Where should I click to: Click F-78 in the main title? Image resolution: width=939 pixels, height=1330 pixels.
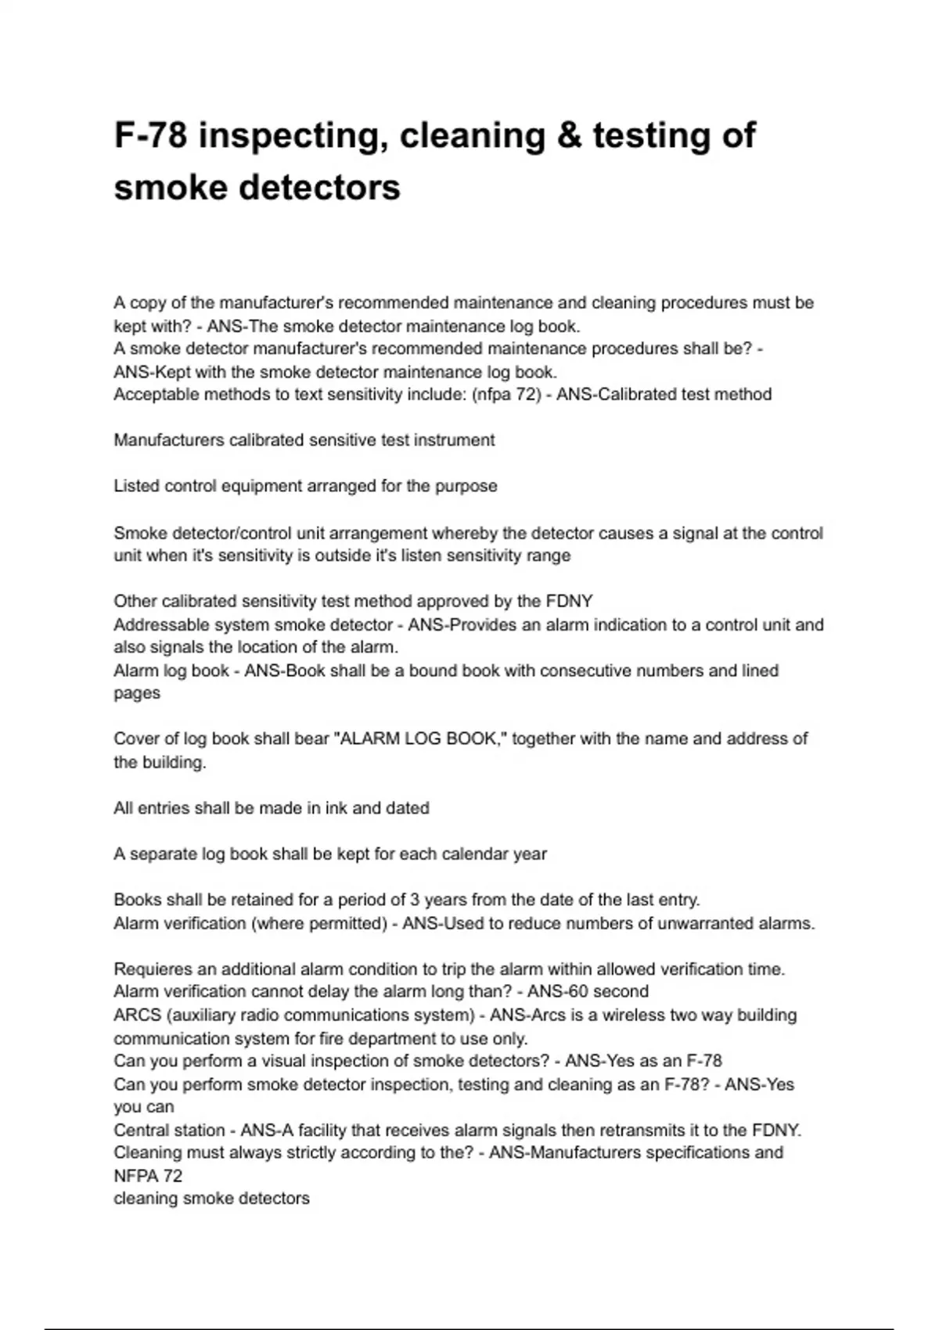click(151, 135)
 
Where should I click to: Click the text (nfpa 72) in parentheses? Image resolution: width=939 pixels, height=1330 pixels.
click(506, 394)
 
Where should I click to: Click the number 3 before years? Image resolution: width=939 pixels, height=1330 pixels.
click(415, 900)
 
